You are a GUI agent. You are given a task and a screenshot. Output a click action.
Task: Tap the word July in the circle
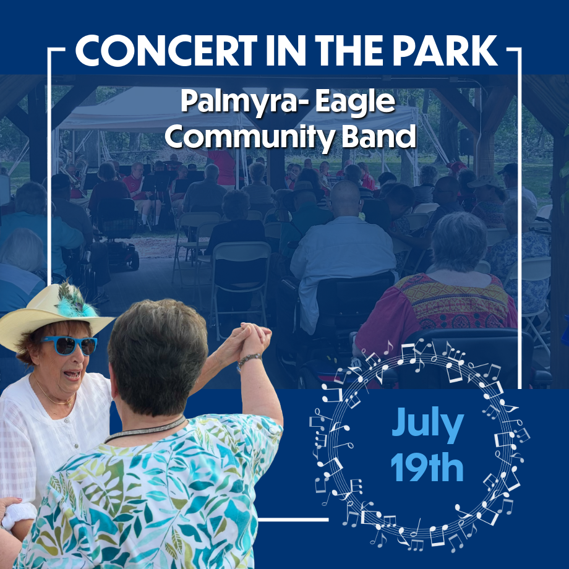point(427,424)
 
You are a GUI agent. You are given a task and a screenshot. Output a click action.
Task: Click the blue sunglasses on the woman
point(69,346)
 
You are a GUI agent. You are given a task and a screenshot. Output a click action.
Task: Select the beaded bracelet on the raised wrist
point(250,359)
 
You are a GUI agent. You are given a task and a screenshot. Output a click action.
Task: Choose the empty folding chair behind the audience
point(240,276)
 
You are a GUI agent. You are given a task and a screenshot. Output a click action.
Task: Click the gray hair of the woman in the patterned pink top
point(459,241)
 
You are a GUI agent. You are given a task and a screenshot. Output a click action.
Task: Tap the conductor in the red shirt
point(223,167)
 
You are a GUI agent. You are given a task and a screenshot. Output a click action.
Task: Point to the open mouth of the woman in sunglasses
point(73,374)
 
